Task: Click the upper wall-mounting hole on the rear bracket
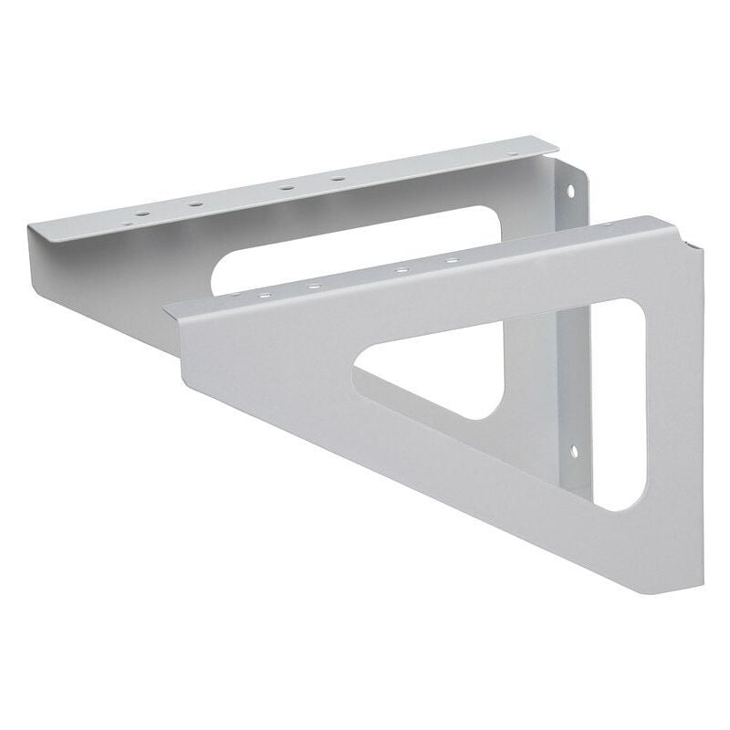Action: pyautogui.click(x=572, y=192)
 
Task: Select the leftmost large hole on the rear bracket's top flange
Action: pyautogui.click(x=141, y=215)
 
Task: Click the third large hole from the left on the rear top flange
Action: pyautogui.click(x=286, y=187)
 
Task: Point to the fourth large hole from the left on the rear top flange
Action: pyautogui.click(x=338, y=178)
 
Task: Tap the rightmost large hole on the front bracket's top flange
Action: pyautogui.click(x=452, y=262)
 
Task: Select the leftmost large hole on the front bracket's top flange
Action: pyautogui.click(x=264, y=297)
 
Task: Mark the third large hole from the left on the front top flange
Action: pyautogui.click(x=400, y=271)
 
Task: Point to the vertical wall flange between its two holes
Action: pyautogui.click(x=575, y=319)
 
